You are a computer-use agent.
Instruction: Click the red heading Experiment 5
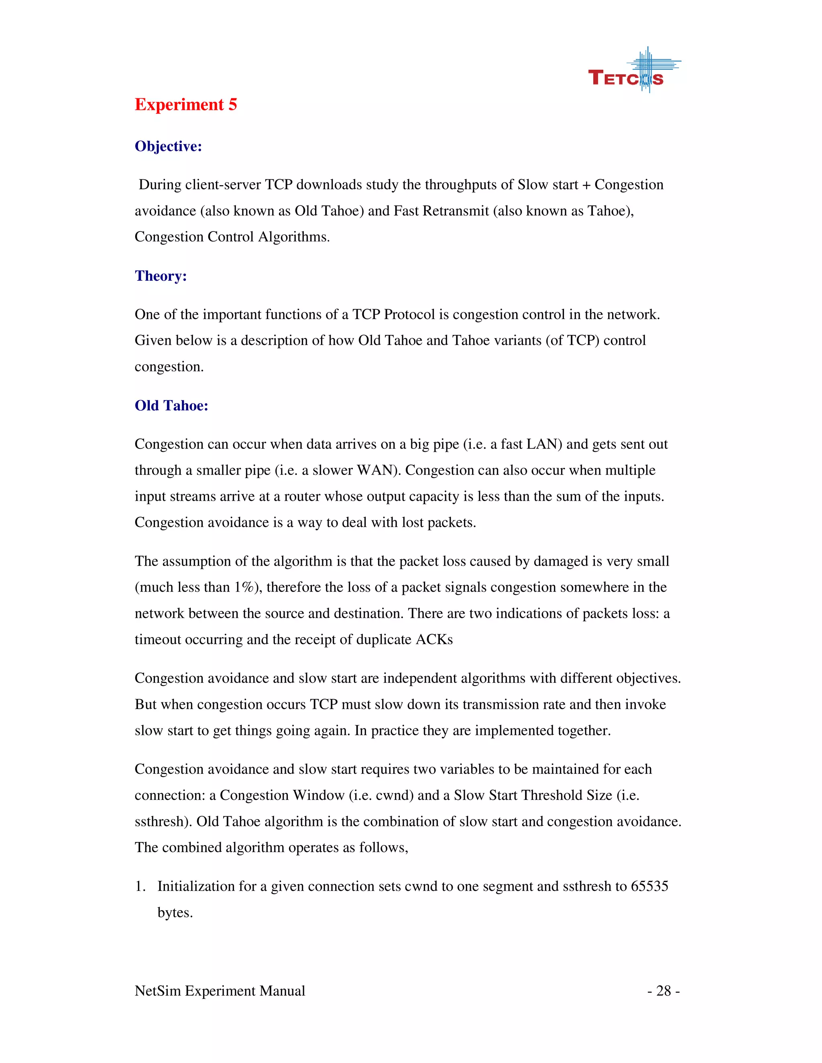coord(185,105)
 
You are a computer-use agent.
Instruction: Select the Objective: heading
coord(168,146)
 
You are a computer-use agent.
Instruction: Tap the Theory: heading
coord(161,276)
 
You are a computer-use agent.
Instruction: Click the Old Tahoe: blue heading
coord(171,406)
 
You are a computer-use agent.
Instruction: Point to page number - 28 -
coord(663,990)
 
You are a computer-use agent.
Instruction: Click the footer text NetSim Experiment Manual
coord(220,990)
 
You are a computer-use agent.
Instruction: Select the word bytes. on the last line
coord(175,913)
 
